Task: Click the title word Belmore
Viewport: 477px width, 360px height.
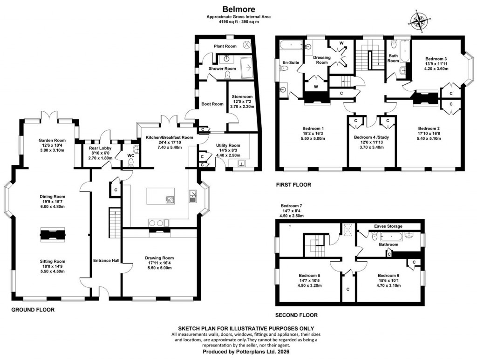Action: tap(238, 8)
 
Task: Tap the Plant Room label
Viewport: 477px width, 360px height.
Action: tap(225, 46)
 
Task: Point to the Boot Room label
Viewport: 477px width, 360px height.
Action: tap(212, 104)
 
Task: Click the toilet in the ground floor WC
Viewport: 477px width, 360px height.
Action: tap(131, 161)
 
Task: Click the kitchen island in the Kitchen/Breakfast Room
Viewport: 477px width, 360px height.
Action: tap(161, 196)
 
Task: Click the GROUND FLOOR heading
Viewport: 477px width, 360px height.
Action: tap(33, 310)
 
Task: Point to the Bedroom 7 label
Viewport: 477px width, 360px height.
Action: tap(292, 205)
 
